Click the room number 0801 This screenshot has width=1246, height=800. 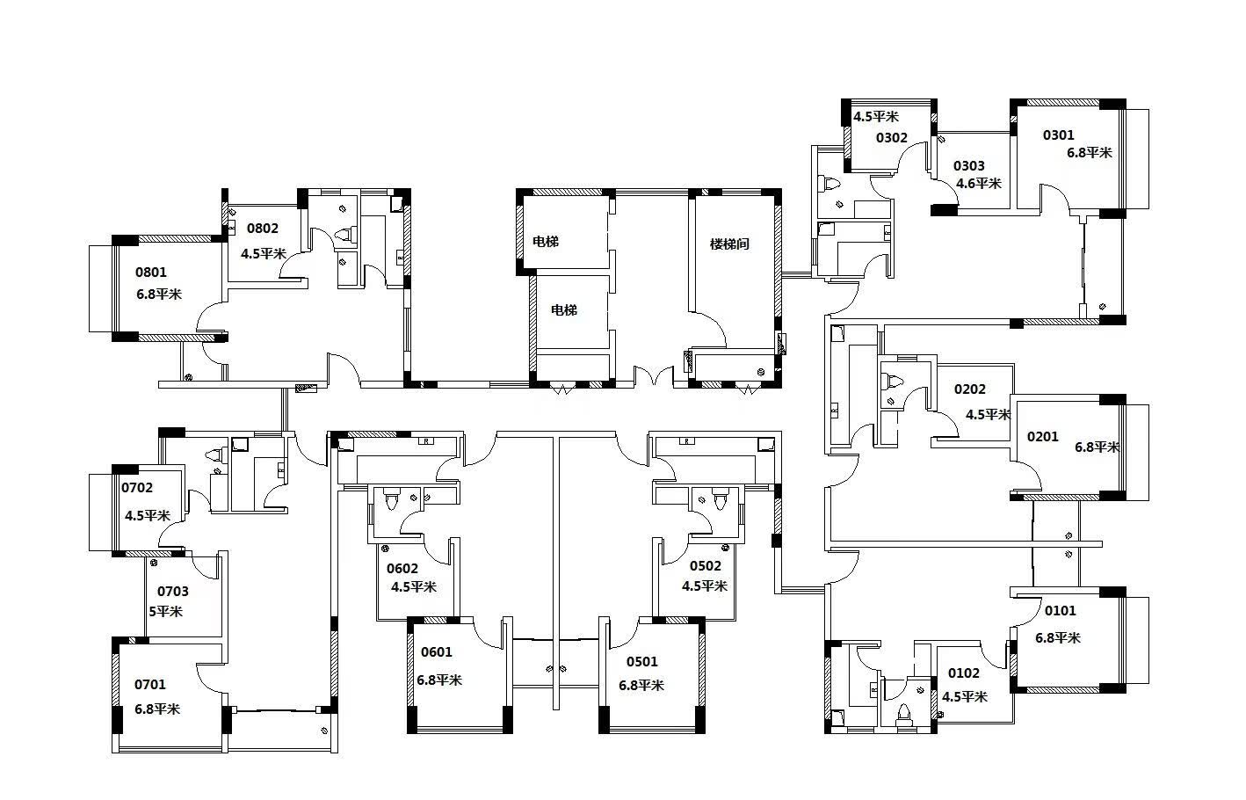coord(151,272)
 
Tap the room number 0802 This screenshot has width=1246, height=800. coord(263,228)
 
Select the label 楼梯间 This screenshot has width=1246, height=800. coord(729,244)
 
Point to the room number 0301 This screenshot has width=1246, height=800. coord(1059,135)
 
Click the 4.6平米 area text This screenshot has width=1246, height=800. coord(979,183)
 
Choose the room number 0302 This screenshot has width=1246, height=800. coord(892,137)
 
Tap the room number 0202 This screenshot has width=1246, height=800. coord(970,389)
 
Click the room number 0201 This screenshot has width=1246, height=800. coord(1042,437)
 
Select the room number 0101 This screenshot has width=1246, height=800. coord(1061,611)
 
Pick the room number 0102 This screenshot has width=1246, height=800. coord(963,673)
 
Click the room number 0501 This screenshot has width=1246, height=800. coord(642,661)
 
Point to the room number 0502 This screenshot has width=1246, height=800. coord(706,566)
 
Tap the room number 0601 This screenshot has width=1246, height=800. coord(436,652)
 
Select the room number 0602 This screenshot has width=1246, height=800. coord(402,569)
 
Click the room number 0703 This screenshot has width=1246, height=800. coord(173,592)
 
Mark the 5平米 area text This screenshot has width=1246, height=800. coord(166,611)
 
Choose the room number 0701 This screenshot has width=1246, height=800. coord(150,684)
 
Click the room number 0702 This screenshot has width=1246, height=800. coord(137,488)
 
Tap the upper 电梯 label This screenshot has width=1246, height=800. coord(545,242)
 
